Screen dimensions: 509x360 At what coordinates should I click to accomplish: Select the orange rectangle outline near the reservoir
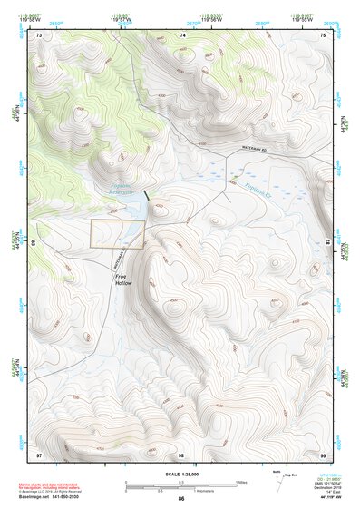(117, 234)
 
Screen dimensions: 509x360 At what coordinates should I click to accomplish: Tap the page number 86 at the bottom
(181, 499)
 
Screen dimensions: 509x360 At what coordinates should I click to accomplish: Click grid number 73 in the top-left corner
(41, 34)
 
